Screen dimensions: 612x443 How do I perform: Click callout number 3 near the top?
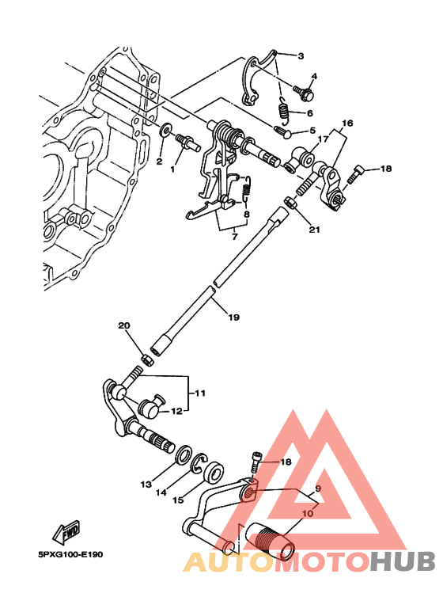pos(301,55)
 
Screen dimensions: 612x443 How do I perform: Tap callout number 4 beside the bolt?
pos(313,77)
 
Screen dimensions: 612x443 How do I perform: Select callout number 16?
pos(347,124)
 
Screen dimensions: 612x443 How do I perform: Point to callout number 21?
pos(315,230)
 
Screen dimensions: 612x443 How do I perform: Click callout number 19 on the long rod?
pos(233,317)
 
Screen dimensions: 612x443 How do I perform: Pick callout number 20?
pos(123,326)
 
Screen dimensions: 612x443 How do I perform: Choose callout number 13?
pos(146,484)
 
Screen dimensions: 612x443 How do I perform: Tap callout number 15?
pos(178,500)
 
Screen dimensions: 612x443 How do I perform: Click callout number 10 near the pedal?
pos(308,512)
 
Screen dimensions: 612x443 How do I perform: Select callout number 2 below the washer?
pos(159,162)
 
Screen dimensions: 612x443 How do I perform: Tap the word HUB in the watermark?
pos(403,561)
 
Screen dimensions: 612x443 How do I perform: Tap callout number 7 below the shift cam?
pos(235,235)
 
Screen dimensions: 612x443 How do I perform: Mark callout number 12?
pos(177,410)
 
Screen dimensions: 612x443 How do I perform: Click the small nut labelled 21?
pos(290,204)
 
